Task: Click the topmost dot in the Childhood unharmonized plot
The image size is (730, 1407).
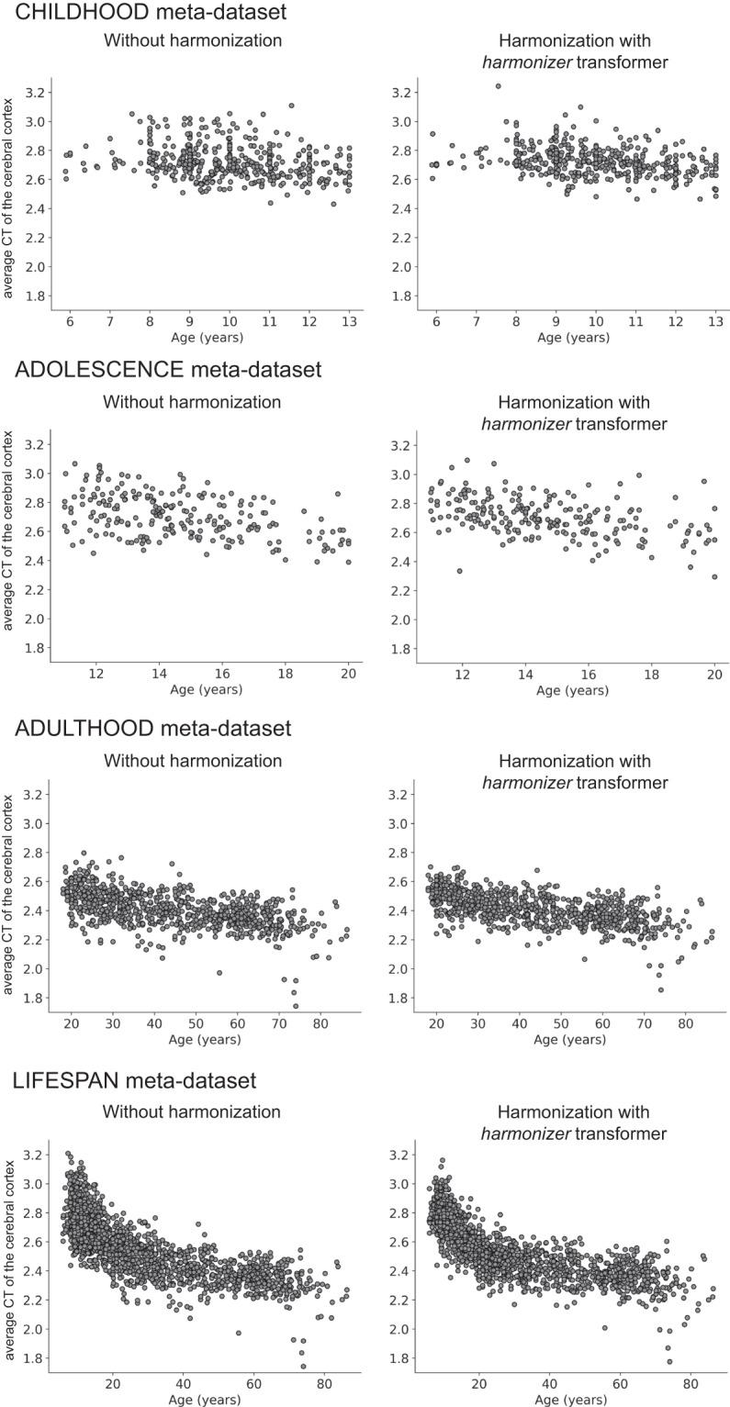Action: [x=292, y=106]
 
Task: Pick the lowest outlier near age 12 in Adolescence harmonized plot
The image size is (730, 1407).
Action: [x=459, y=571]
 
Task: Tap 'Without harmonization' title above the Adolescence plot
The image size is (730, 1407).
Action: [x=191, y=402]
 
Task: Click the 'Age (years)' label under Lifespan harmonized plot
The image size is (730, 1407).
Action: [x=572, y=1400]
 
